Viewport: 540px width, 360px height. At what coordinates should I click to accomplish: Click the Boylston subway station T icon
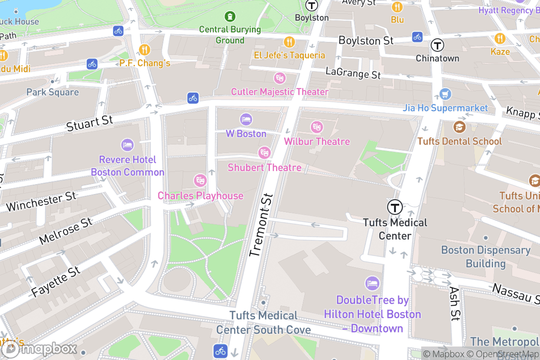(x=311, y=5)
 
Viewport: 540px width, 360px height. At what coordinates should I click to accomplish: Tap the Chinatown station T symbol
(x=437, y=45)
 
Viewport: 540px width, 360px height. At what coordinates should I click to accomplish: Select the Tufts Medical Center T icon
(x=395, y=207)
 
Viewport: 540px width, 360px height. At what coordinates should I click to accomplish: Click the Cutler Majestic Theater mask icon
(x=280, y=78)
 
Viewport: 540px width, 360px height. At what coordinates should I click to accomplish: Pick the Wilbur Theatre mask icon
(x=317, y=127)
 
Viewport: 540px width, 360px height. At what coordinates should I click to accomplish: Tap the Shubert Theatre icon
(x=264, y=153)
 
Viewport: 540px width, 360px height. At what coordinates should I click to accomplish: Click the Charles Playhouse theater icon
(x=200, y=181)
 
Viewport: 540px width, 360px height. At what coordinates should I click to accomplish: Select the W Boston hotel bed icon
(x=246, y=120)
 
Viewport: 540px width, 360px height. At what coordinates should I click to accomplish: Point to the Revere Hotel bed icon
(x=127, y=145)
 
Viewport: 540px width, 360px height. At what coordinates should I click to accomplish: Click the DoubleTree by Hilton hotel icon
(x=372, y=283)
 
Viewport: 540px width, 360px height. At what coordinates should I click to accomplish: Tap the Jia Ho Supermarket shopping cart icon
(x=445, y=94)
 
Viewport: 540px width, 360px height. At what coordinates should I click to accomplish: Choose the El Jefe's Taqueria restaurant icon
(x=289, y=42)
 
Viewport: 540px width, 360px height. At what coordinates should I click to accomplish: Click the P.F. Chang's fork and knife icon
(x=144, y=49)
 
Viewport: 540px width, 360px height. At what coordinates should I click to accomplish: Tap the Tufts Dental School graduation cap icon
(x=459, y=127)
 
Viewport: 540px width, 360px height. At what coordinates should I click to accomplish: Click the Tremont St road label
(x=261, y=225)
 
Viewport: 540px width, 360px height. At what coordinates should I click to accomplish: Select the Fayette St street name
(x=56, y=282)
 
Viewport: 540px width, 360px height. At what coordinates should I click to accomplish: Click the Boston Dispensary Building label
(x=486, y=256)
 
